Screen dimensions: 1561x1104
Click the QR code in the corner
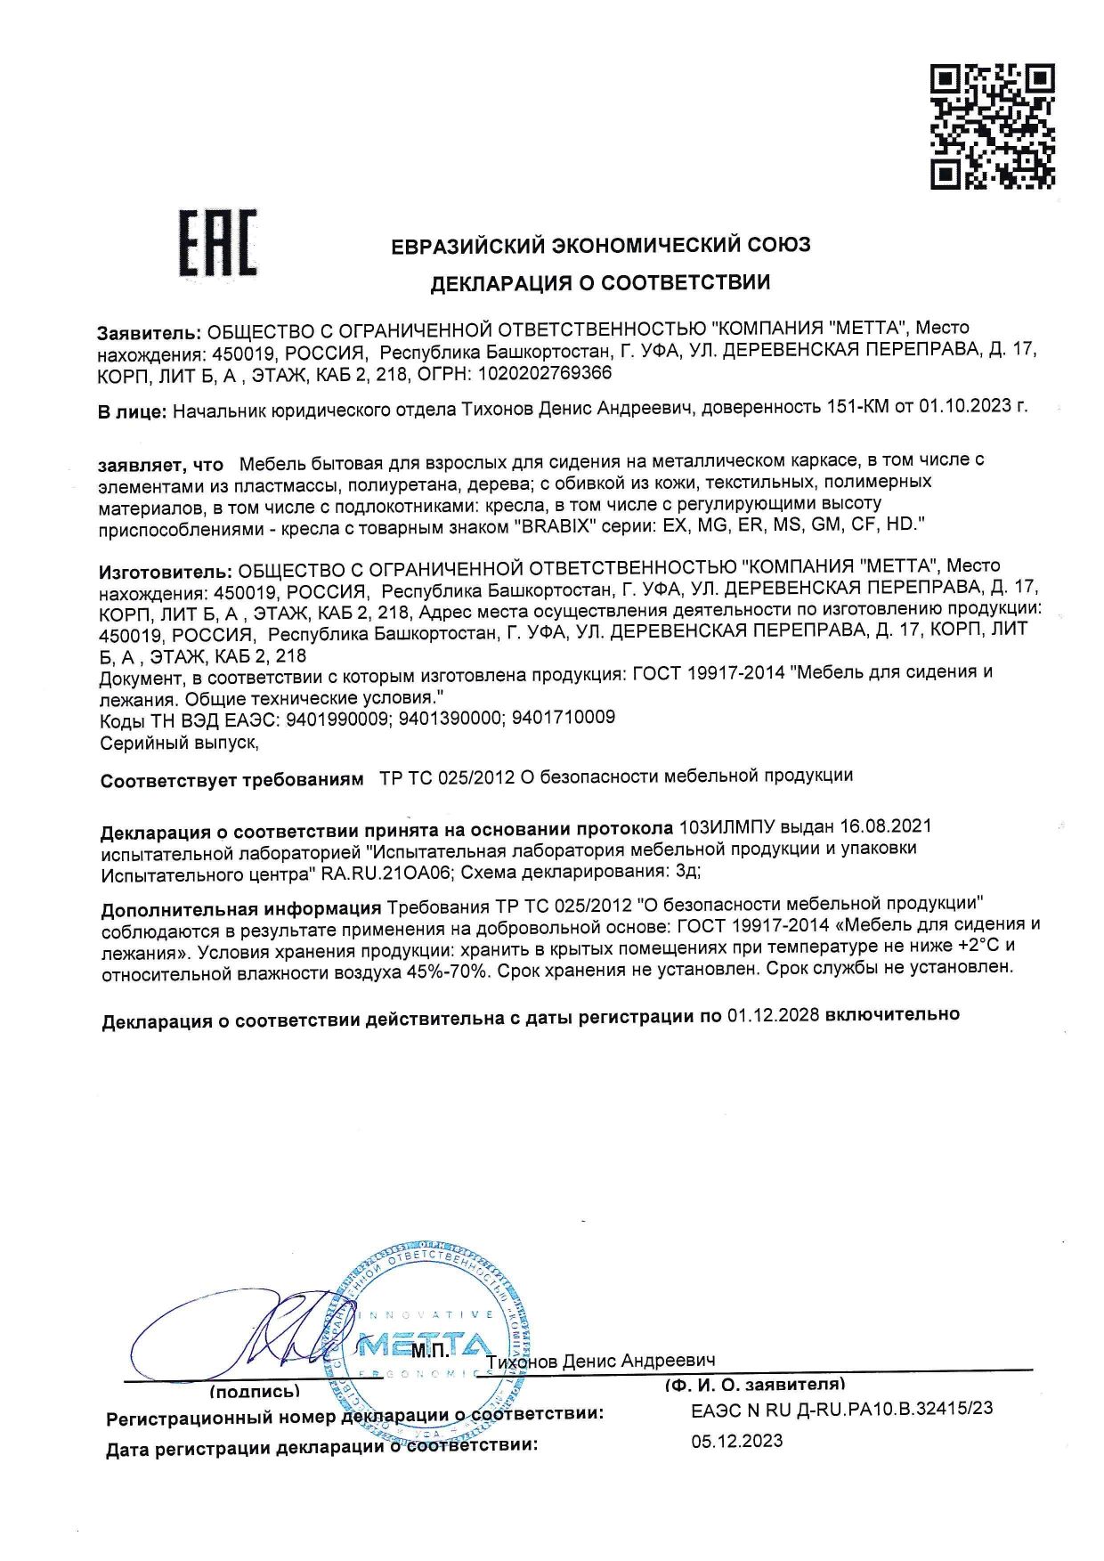(x=993, y=126)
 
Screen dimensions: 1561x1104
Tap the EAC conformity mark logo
(x=217, y=242)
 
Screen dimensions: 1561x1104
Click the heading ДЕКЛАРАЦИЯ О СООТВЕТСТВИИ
(x=600, y=283)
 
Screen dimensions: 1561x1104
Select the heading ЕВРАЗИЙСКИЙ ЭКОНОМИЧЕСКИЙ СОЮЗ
(x=601, y=245)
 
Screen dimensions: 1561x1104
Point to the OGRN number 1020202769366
(x=544, y=373)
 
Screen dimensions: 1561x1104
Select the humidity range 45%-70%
(x=444, y=972)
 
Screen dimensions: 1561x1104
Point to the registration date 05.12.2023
(x=737, y=1441)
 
